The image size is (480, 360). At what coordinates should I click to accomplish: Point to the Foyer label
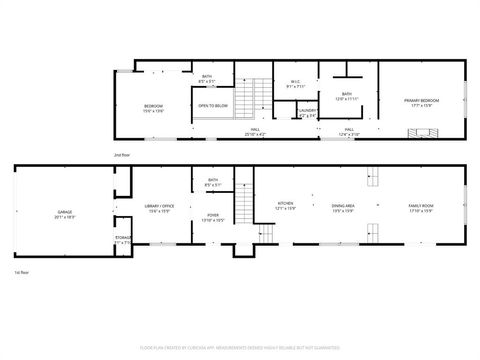pos(213,217)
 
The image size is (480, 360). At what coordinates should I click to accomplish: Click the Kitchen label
pos(285,206)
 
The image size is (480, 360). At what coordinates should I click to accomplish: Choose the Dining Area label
pos(344,206)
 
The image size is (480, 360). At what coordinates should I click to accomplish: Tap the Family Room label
pos(420,206)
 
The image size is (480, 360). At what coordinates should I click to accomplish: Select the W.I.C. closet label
pos(296,84)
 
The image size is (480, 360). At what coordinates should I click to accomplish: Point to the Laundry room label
pos(308,113)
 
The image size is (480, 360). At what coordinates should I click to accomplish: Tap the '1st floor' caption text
pos(20,272)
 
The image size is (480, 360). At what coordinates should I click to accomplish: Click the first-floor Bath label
pos(213,182)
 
